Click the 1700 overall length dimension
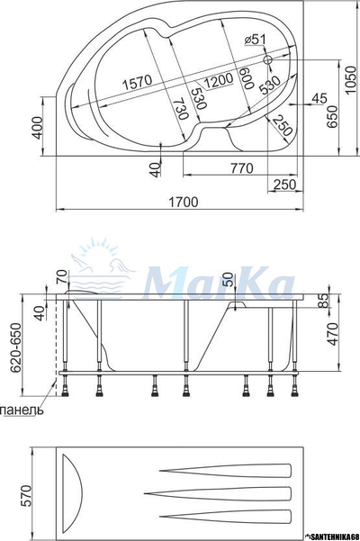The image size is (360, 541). coord(183,202)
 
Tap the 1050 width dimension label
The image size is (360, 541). coord(351,80)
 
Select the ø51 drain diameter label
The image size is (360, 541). coord(256,40)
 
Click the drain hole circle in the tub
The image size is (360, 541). coord(268,60)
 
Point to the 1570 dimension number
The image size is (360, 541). coord(138,83)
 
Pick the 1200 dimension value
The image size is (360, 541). coord(218,81)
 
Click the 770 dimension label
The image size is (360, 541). coord(242,168)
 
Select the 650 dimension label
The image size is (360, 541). coord(332,117)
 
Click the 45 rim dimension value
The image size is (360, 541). coord(319,98)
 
